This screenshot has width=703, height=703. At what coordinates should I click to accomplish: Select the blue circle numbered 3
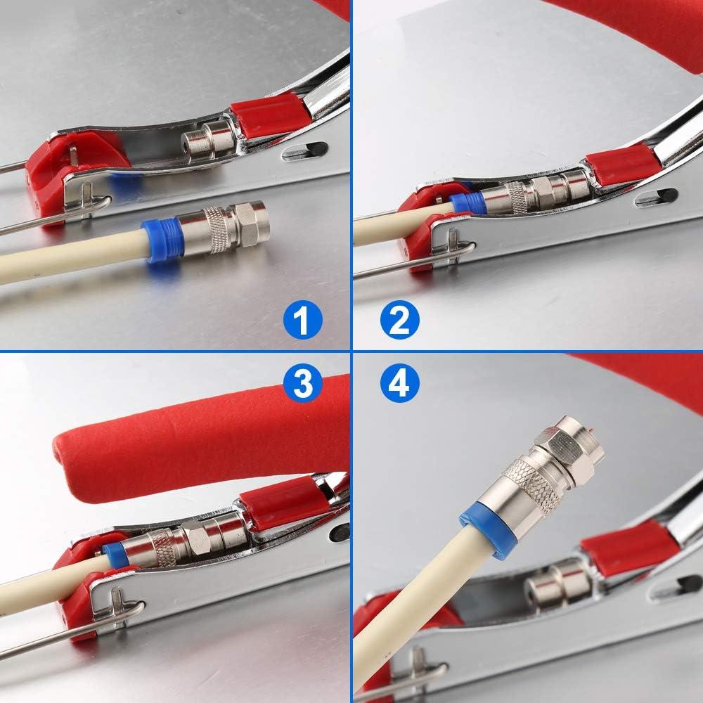point(303,383)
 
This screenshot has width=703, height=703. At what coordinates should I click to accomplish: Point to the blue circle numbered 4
point(399,383)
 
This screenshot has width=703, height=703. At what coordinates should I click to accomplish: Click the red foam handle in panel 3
point(197,439)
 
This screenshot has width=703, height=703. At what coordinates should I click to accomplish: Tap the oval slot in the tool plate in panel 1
point(304,150)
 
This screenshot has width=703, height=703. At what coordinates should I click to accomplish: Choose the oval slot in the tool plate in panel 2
point(655,198)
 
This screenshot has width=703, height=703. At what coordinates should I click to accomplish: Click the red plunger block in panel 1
point(269,114)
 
